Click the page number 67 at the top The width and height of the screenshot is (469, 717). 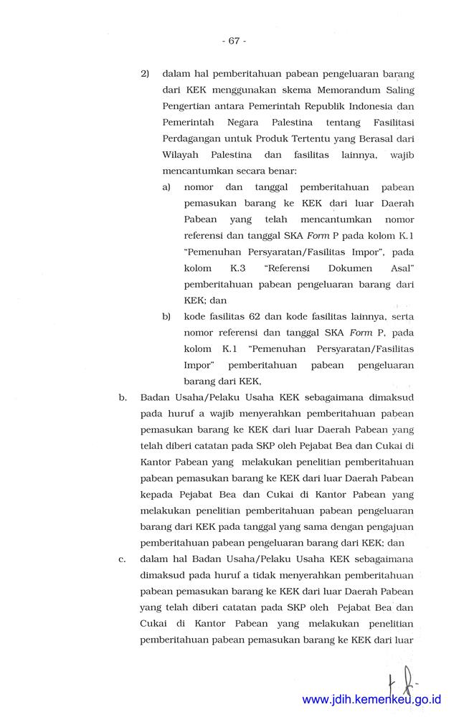234,41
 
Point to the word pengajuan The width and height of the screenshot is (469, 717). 389,527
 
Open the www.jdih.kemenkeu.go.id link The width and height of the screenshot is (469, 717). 371,700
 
